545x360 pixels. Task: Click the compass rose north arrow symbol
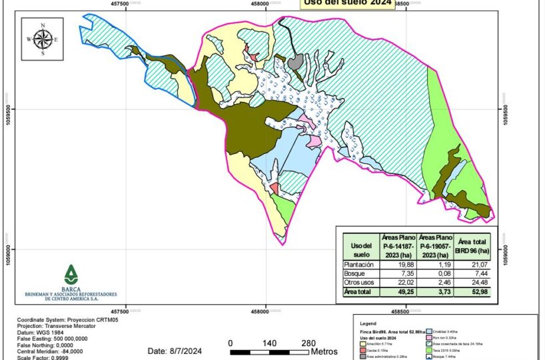tap(43, 39)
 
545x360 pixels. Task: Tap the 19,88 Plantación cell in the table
tap(398, 265)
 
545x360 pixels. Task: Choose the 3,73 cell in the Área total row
tap(436, 291)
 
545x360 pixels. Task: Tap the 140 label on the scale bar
tap(269, 343)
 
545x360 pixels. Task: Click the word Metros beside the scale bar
tap(324, 351)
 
